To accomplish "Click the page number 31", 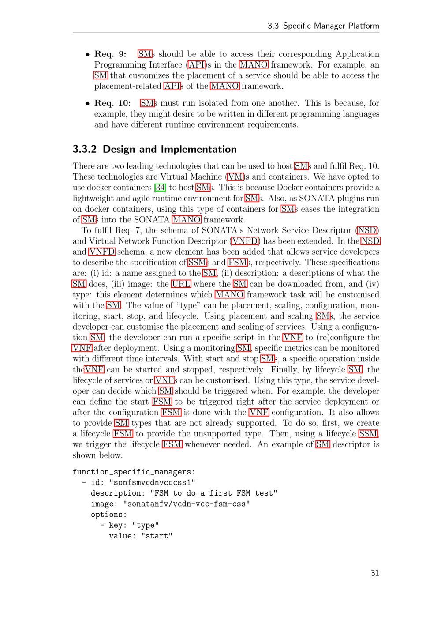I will pyautogui.click(x=375, y=573).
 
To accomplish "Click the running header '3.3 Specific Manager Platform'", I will pyautogui.click(x=323, y=26).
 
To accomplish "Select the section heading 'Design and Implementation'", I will pyautogui.click(x=170, y=149).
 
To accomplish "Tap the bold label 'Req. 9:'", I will pyautogui.click(x=110, y=54).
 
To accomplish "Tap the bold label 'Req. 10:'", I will pyautogui.click(x=112, y=103).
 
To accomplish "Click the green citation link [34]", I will pyautogui.click(x=160, y=188).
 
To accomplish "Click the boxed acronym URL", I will pyautogui.click(x=181, y=284).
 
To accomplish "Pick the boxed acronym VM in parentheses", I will pyautogui.click(x=235, y=177).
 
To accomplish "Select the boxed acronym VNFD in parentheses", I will pyautogui.click(x=245, y=241).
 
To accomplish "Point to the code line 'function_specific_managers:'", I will pyautogui.click(x=134, y=472).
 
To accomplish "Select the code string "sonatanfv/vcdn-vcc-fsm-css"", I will pyautogui.click(x=187, y=504).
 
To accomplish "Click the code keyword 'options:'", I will pyautogui.click(x=109, y=515).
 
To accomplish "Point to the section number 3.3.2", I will pyautogui.click(x=85, y=149).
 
